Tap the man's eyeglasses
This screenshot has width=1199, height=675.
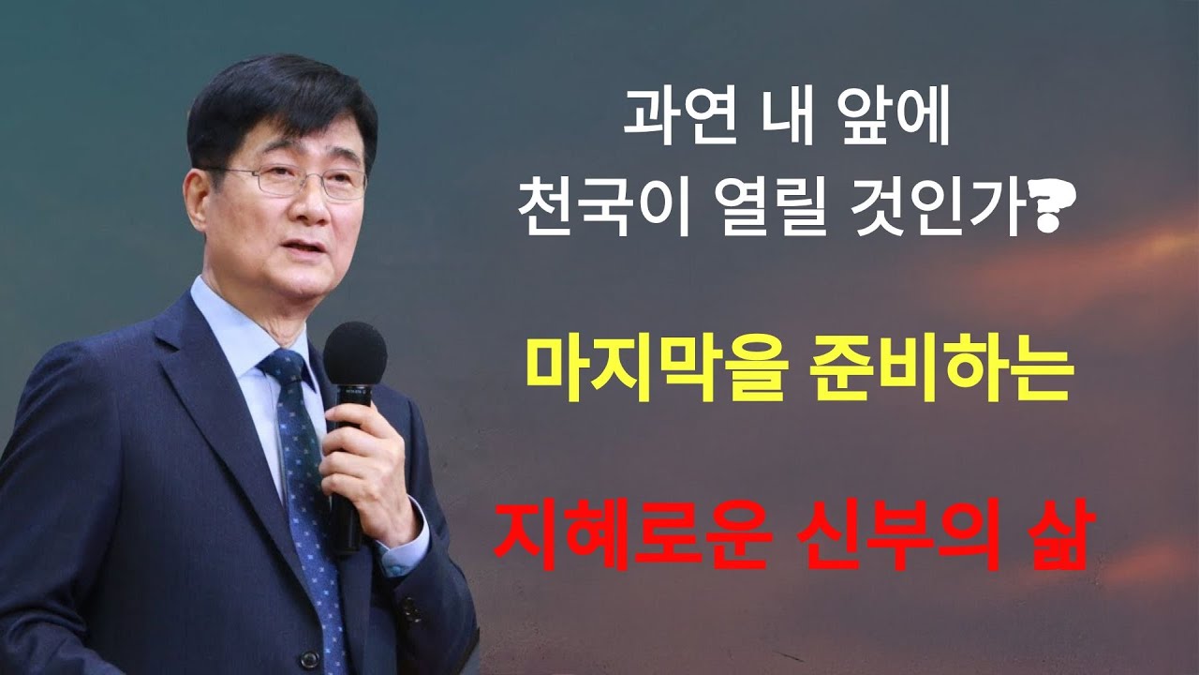coord(300,180)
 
